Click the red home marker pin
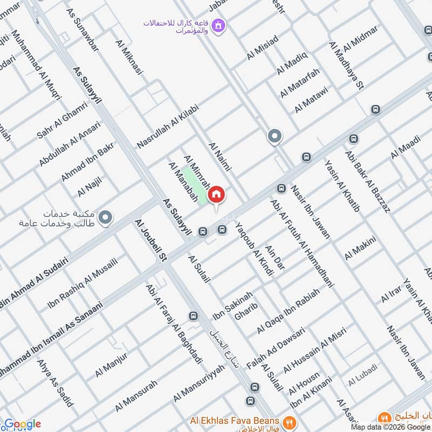216,194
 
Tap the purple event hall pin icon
218,25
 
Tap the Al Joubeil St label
151,241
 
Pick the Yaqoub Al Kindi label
253,251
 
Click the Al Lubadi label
362,382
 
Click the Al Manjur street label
111,365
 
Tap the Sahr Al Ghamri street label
62,120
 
